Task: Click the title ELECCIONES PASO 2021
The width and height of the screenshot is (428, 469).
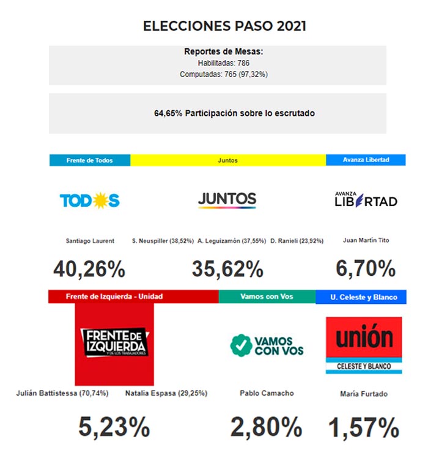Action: pos(224,26)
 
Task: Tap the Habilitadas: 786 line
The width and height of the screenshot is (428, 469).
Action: pos(223,63)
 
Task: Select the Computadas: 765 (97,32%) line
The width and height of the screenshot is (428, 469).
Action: pos(223,74)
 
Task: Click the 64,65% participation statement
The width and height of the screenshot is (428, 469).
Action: pos(234,113)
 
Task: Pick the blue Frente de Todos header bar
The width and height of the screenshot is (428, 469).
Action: pos(90,160)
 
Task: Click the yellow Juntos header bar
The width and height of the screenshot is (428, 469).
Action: pos(227,160)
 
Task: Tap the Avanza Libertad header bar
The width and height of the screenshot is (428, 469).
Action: pos(366,160)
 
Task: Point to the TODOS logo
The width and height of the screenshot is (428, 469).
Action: pos(89,200)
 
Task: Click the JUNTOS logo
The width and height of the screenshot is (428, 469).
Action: pos(227,200)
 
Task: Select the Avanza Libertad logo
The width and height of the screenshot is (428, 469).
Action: pos(366,200)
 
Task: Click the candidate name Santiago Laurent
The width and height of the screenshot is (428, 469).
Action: pos(90,241)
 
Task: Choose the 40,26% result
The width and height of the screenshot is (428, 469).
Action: pos(89,268)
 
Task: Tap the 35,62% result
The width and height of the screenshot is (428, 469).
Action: pos(227,268)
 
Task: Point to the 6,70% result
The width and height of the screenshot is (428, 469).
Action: pos(366,268)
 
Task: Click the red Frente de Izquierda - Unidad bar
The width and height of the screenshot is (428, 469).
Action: pos(133,297)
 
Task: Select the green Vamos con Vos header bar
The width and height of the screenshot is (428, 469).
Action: pos(267,297)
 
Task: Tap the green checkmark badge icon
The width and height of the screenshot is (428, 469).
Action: pos(241,345)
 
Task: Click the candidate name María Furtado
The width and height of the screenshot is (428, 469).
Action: pos(364,394)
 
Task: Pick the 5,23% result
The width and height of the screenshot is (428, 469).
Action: pos(114,427)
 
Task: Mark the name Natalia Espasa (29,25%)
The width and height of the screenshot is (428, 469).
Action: pos(166,393)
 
